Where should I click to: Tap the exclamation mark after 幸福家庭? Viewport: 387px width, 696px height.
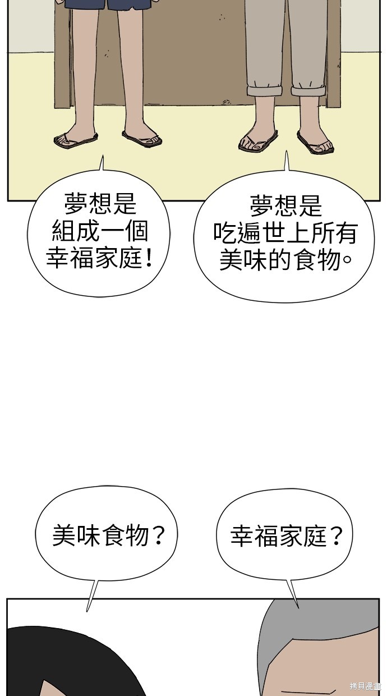click(149, 258)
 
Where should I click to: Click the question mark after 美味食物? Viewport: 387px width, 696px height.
click(159, 535)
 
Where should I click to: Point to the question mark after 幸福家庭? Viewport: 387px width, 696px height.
click(336, 536)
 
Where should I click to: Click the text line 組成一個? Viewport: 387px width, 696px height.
click(100, 231)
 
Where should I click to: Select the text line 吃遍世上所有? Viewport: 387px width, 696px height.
click(285, 233)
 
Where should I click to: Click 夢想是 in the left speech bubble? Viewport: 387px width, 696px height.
click(100, 204)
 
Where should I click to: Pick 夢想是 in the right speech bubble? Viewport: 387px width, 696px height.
click(285, 205)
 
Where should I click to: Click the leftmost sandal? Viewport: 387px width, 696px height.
click(76, 140)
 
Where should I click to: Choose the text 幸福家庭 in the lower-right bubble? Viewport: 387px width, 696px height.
click(279, 536)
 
